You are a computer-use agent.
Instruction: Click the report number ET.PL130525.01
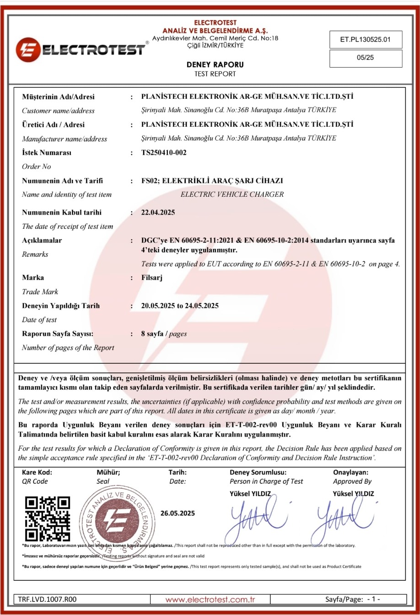coord(365,39)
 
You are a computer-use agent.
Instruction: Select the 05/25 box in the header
coord(366,59)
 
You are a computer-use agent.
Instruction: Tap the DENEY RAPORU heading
coord(215,65)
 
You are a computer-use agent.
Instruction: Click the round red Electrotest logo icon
coord(28,50)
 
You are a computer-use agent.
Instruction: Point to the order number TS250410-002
coord(164,153)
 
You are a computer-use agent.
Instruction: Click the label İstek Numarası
coord(47,153)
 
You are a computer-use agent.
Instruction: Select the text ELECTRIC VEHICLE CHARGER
coord(232,194)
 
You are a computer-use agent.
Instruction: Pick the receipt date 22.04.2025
coord(158,212)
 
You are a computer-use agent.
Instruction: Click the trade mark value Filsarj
coord(152,278)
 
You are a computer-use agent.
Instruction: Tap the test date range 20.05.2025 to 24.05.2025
coord(180,306)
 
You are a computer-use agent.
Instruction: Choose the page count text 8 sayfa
coord(152,334)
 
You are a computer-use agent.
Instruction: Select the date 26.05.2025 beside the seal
coord(178,513)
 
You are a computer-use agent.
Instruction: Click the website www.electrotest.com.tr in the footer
coord(210,599)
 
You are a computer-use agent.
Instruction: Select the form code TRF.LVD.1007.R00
coord(48,599)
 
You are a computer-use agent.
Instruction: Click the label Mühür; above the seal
coord(108,472)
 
